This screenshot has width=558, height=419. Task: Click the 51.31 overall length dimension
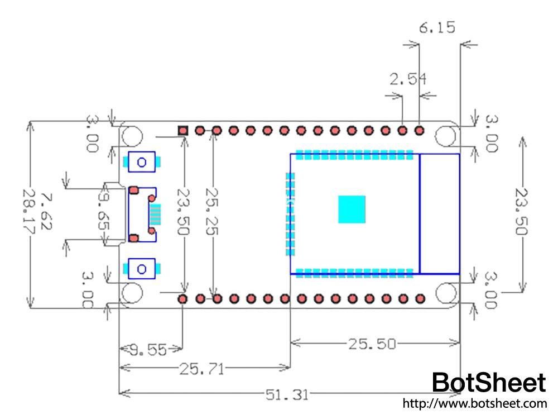tap(287, 395)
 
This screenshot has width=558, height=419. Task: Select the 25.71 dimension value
tap(201, 368)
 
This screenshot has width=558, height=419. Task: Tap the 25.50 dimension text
tap(372, 344)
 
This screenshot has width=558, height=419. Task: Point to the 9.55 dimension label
tap(148, 350)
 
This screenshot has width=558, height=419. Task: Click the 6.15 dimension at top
tap(437, 27)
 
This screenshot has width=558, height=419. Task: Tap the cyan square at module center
tap(352, 209)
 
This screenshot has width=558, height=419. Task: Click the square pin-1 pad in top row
tap(183, 131)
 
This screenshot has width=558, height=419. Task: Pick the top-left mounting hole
tap(132, 136)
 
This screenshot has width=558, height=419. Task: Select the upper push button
tap(142, 162)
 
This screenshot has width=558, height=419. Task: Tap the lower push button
tap(142, 269)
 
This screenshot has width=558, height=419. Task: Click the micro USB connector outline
tap(143, 214)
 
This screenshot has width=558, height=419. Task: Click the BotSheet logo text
tap(489, 383)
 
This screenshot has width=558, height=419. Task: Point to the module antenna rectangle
tap(440, 214)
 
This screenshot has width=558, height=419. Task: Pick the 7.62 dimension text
tap(47, 212)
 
